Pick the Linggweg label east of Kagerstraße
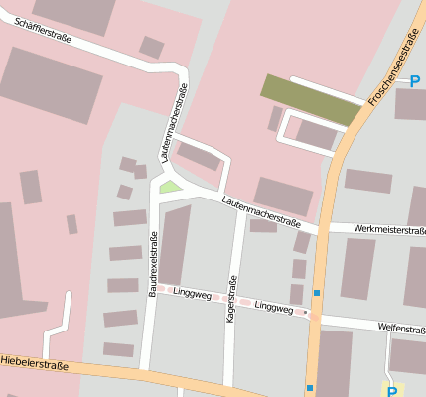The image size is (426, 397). click(273, 307)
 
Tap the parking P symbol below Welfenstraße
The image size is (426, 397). click(392, 391)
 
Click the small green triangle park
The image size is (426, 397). click(171, 186)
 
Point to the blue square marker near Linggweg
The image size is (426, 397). click(317, 293)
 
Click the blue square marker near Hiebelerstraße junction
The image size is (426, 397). click(310, 387)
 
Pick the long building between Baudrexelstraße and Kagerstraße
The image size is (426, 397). click(176, 244)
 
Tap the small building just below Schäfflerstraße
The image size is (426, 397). click(152, 47)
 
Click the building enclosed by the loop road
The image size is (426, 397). click(317, 133)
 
